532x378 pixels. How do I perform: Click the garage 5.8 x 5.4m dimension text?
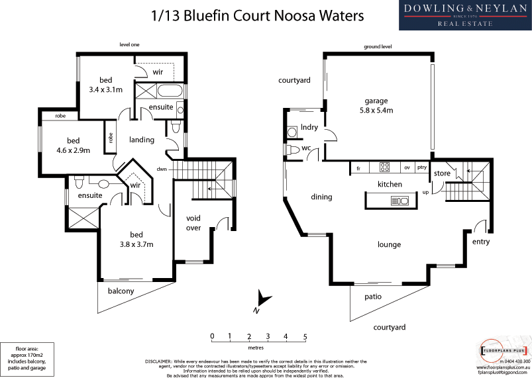tap(375, 111)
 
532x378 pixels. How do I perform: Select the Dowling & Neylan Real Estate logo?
tap(464, 15)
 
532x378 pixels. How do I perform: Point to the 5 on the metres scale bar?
tap(305, 336)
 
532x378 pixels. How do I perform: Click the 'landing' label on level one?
tap(142, 140)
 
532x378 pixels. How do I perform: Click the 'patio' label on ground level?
tap(372, 297)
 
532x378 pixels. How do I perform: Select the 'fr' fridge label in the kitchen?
tap(358, 168)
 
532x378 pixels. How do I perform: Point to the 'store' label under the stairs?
tap(442, 173)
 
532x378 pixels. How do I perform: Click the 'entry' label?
tap(481, 242)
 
